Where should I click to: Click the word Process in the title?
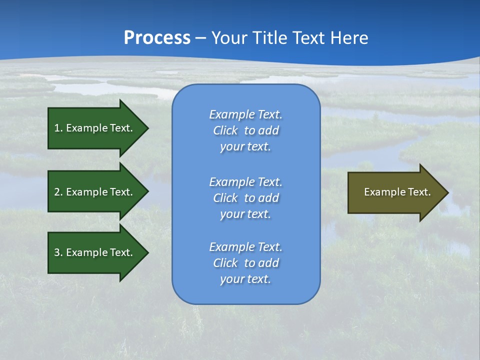(x=157, y=38)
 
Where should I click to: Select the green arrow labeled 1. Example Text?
(x=95, y=128)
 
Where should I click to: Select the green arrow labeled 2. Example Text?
(x=95, y=192)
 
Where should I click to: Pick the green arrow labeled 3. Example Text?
(x=95, y=252)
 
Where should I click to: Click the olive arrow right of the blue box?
(x=395, y=192)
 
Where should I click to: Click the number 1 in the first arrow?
(x=57, y=128)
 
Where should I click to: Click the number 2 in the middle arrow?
(x=57, y=192)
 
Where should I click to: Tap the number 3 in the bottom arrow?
(x=57, y=252)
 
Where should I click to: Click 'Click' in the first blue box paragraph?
(x=225, y=130)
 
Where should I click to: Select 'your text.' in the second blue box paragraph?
(x=245, y=214)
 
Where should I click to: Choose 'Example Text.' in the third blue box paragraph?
(x=245, y=247)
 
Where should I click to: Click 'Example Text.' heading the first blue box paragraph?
(x=245, y=114)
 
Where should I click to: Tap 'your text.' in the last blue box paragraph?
(x=245, y=279)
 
